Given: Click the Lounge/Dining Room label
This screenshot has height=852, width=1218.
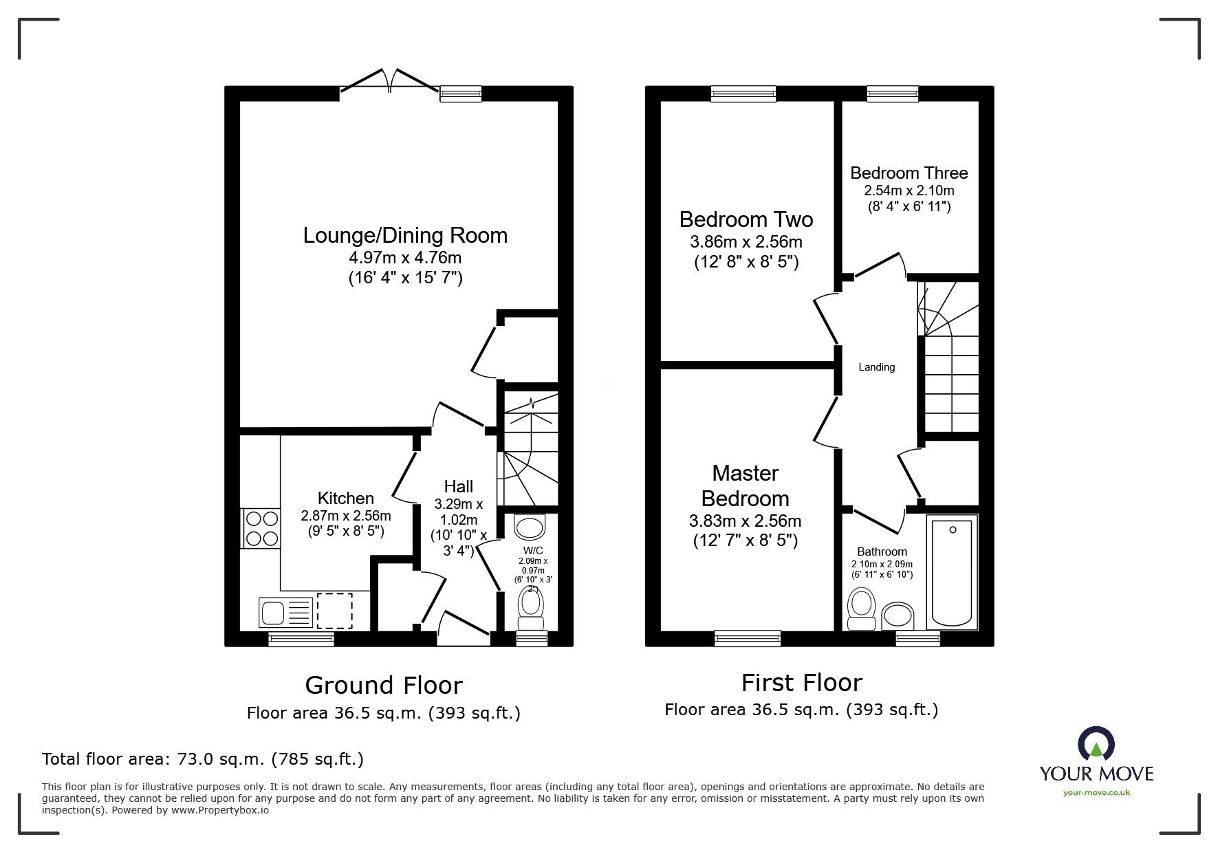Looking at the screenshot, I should tap(405, 235).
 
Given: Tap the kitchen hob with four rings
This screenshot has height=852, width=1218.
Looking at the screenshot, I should tap(261, 528).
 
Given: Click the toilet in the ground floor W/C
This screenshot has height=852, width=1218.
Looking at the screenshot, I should tap(530, 608).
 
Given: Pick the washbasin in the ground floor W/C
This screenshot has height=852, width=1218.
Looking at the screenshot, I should tap(529, 527).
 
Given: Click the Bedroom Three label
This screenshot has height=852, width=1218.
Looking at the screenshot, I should tap(909, 173).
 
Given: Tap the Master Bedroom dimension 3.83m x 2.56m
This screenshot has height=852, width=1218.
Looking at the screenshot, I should tap(745, 521).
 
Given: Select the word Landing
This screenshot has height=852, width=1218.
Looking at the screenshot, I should tap(876, 367).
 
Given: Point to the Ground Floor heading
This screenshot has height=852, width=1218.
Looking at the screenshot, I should tap(383, 685).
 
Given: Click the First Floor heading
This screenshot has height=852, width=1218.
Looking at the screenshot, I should tap(801, 683).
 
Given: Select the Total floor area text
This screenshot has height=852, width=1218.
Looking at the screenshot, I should tap(203, 759).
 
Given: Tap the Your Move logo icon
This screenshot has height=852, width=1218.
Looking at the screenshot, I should tap(1096, 745).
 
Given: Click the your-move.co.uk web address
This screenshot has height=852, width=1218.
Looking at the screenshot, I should tap(1096, 792).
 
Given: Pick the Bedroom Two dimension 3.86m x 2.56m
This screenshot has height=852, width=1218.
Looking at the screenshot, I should tap(746, 242).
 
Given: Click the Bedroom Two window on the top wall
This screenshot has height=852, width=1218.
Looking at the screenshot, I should tap(743, 94).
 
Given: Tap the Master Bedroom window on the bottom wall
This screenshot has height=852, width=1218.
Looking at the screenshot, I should tap(748, 638).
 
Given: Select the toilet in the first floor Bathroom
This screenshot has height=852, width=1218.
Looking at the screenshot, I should tap(861, 609).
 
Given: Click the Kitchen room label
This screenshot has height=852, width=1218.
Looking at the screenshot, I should tap(345, 498).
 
